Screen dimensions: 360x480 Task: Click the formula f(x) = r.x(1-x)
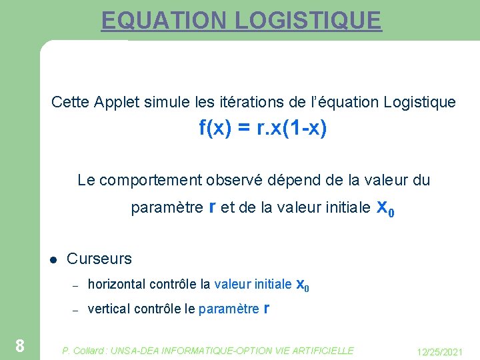click(x=263, y=127)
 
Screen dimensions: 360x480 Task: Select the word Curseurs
click(x=99, y=259)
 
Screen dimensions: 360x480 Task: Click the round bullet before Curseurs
click(x=53, y=260)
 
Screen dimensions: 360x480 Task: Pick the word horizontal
click(x=117, y=285)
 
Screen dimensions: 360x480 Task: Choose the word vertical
click(x=109, y=309)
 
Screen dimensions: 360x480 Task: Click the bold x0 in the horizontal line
click(x=302, y=285)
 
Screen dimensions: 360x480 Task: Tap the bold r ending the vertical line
click(x=267, y=308)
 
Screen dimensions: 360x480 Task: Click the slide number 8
click(x=20, y=345)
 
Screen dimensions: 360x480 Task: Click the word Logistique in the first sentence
click(x=420, y=102)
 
